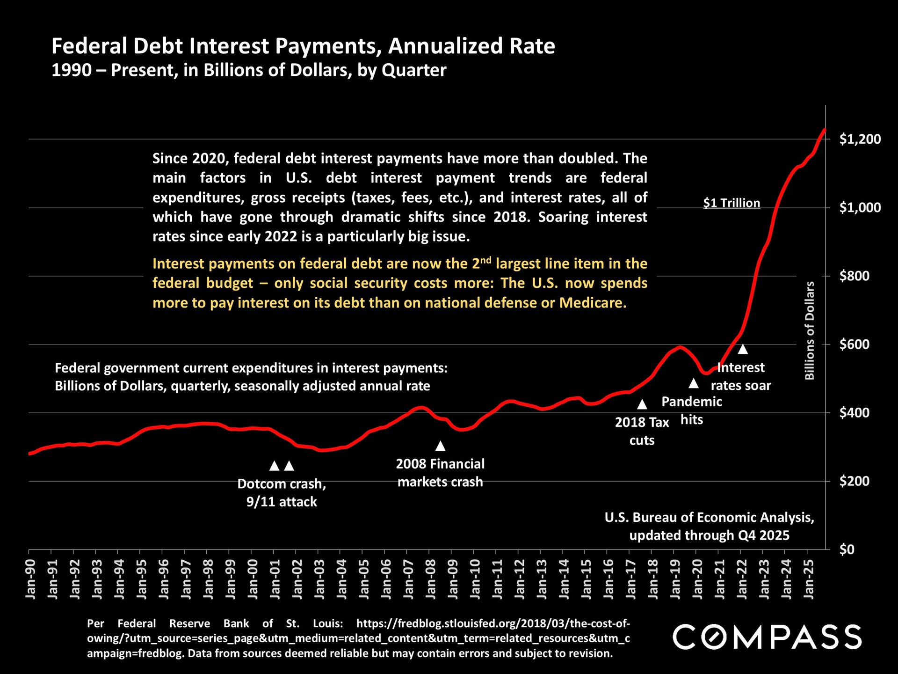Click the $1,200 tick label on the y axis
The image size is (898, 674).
[860, 139]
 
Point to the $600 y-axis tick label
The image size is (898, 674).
[854, 344]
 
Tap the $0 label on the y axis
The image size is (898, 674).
[847, 549]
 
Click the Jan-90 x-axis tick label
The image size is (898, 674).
[30, 579]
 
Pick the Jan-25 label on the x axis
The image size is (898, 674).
[808, 579]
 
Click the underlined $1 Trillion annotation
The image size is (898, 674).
[731, 203]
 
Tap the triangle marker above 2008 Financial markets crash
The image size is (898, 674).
[440, 446]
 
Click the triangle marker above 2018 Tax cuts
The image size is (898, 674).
[642, 404]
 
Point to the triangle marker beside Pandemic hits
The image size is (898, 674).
[694, 383]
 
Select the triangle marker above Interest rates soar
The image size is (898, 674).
[743, 349]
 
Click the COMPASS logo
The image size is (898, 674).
[767, 637]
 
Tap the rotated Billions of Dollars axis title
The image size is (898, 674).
[810, 330]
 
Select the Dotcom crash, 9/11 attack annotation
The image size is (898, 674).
[282, 492]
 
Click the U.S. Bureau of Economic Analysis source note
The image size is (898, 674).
[709, 526]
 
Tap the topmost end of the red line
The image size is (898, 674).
[825, 130]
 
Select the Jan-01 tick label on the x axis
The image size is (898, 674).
[275, 579]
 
